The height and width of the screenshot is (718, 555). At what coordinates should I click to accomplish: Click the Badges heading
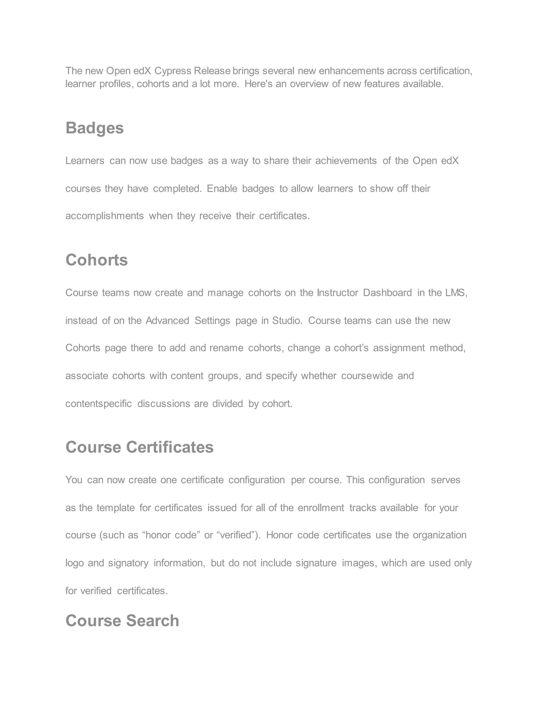(94, 128)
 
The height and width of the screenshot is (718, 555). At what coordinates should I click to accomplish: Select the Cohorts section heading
(96, 260)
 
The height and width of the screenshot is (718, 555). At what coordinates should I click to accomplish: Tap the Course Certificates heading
(139, 447)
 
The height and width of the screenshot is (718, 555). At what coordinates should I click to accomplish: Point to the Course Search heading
(122, 621)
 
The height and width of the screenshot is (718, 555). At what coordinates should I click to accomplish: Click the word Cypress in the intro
(173, 71)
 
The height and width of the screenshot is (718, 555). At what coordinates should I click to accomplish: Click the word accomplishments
(105, 216)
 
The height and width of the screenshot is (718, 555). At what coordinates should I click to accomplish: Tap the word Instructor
(337, 293)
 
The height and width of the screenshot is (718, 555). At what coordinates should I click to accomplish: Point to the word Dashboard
(387, 293)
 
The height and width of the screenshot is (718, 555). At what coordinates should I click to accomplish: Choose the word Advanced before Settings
(167, 321)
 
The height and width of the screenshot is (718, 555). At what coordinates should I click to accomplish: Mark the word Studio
(287, 321)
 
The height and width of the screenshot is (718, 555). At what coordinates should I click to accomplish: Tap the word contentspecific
(99, 404)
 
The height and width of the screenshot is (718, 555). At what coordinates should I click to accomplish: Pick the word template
(115, 508)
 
